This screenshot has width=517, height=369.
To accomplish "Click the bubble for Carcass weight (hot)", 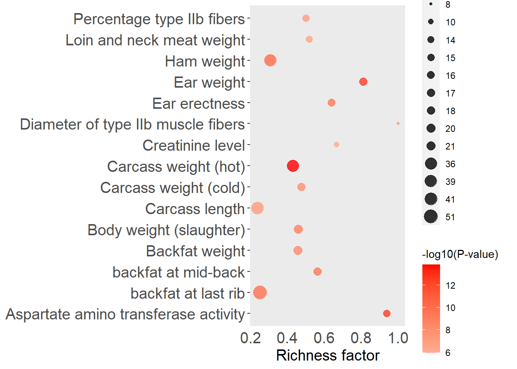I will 293,166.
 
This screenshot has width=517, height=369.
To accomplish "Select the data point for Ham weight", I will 270,60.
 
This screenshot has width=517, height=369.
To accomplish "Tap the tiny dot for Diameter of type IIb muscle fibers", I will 398,123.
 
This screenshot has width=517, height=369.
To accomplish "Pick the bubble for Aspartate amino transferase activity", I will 387,314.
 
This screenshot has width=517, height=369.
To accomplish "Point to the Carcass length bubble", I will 257,208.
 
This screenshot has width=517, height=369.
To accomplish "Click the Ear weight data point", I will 363,81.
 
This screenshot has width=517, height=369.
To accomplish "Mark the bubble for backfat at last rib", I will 260,293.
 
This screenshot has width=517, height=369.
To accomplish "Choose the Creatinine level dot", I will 337,145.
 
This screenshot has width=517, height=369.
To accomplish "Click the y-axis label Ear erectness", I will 198,103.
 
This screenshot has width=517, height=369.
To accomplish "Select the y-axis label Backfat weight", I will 195,251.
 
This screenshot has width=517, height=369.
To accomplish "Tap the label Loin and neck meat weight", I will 155,40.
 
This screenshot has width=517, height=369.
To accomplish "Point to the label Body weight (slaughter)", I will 166,230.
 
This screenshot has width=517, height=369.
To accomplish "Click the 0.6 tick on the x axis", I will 324,338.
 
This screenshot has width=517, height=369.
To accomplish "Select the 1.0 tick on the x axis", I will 398,338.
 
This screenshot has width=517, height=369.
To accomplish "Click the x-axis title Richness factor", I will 328,356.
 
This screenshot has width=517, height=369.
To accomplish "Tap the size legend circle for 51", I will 431,217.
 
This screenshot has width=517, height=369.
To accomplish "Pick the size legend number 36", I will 450,164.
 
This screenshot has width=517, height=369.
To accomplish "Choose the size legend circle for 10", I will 431,22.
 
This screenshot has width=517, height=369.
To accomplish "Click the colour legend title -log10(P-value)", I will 460,254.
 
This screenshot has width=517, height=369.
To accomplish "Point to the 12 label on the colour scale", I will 450,286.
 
